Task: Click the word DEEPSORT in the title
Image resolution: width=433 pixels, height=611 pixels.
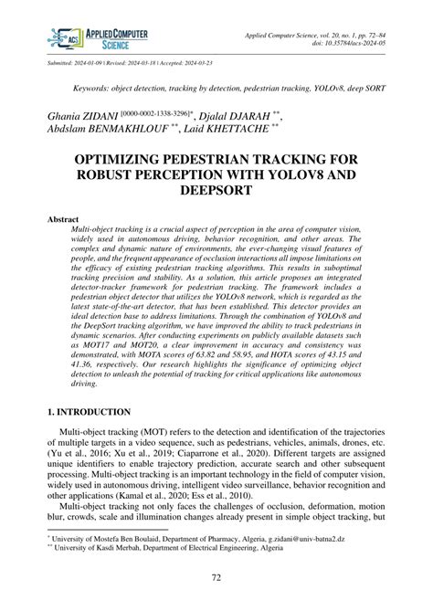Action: coord(216,192)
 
